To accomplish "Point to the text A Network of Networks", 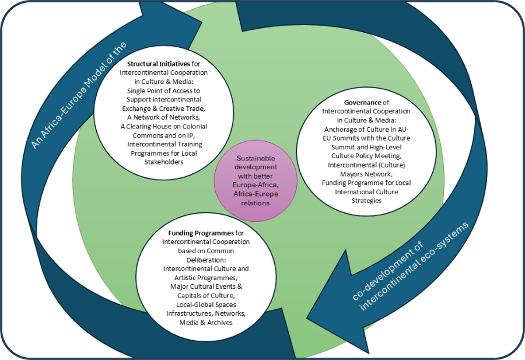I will pos(163,117).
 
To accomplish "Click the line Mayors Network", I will pos(366,173).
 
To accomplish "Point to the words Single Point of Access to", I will pos(163,90).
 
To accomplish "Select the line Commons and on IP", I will pos(163,135).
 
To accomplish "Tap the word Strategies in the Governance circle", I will pos(366,200).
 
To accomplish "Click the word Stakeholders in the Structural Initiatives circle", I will pos(163,162).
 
